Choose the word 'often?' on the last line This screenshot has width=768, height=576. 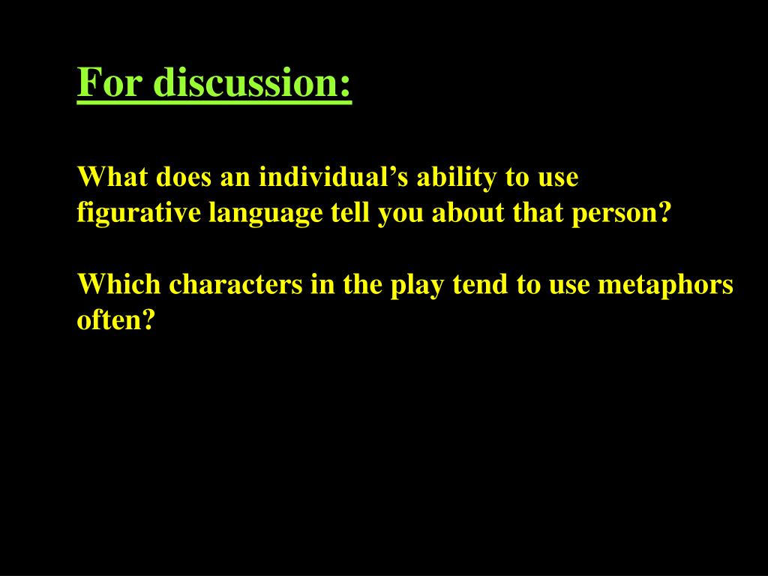[116, 320]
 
